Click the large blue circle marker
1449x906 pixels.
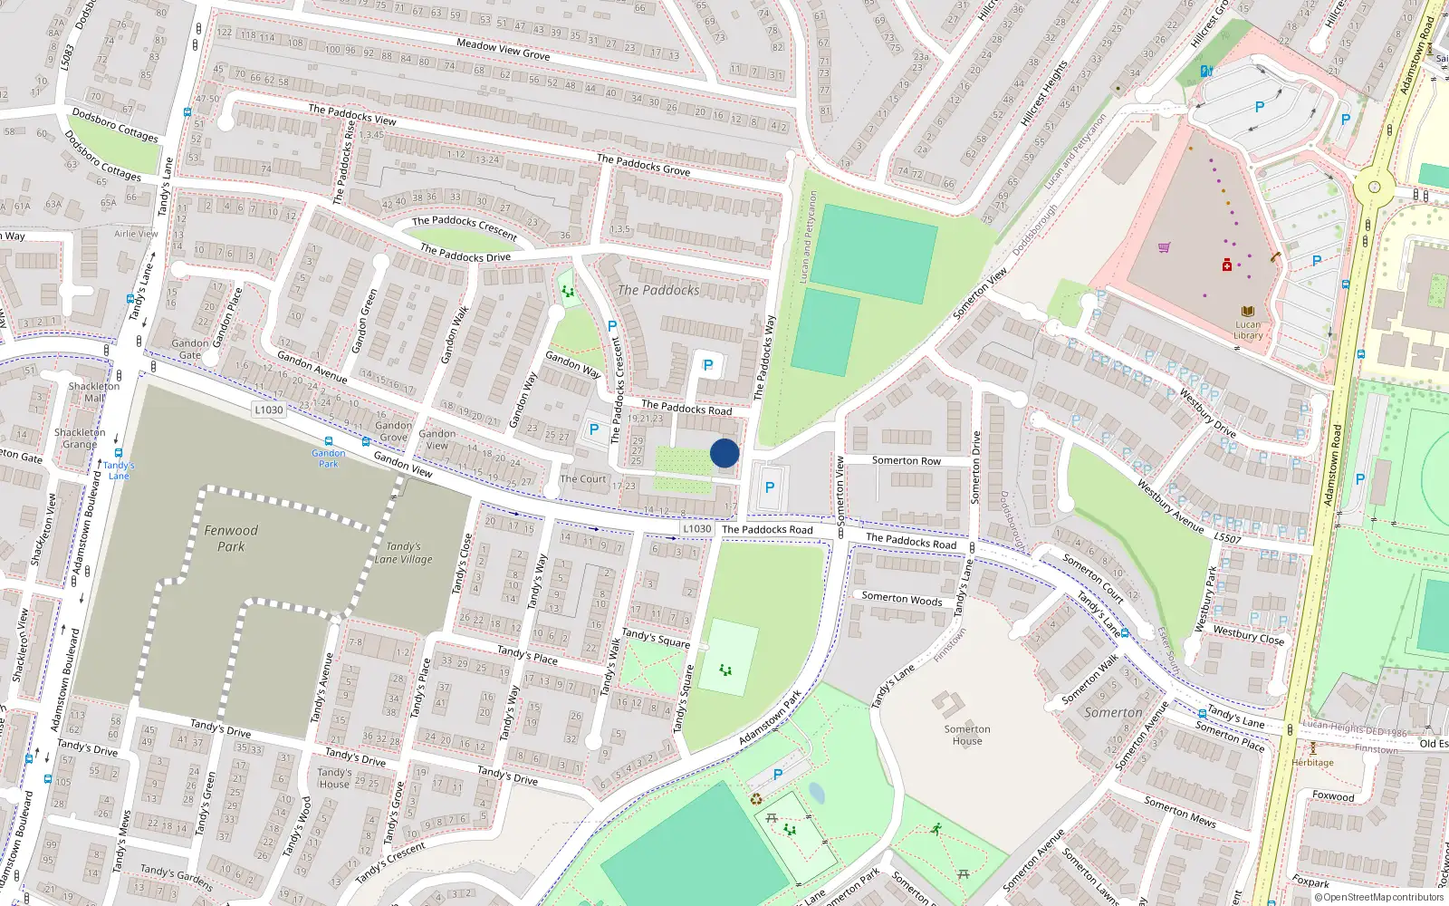[724, 453]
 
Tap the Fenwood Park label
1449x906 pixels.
[231, 538]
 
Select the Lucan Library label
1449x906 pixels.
[1248, 330]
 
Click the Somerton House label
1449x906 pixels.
[967, 735]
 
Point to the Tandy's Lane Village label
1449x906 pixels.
[404, 553]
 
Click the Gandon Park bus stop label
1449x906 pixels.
[328, 458]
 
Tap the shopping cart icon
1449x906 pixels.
[1165, 246]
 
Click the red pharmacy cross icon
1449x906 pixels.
[1227, 265]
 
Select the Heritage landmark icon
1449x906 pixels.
[1312, 748]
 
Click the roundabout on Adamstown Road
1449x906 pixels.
[1375, 187]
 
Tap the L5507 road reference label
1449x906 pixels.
[1227, 538]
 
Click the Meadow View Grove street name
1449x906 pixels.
[504, 49]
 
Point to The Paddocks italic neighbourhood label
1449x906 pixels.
[658, 290]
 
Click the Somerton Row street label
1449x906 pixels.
[906, 460]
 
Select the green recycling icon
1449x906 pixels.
[756, 799]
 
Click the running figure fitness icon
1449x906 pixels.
[936, 829]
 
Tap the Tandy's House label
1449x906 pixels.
[334, 778]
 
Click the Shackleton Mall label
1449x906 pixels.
[94, 391]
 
